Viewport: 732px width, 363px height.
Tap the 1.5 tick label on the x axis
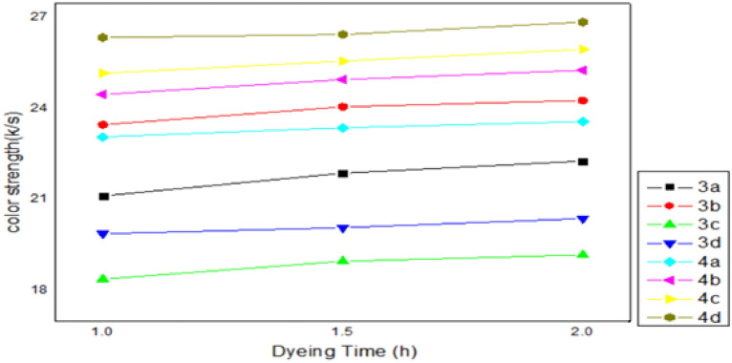(x=343, y=330)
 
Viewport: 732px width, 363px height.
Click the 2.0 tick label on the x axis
(x=583, y=330)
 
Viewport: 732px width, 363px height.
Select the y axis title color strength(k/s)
(x=12, y=167)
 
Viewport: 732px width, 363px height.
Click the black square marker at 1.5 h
(x=343, y=173)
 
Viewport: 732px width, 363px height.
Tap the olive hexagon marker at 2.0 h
(x=583, y=22)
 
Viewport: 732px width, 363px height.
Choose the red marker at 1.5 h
(x=343, y=107)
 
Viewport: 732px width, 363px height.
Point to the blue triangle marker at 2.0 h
(x=583, y=219)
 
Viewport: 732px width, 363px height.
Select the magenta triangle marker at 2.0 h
(x=583, y=71)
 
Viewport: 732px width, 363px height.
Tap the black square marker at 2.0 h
(x=583, y=161)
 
